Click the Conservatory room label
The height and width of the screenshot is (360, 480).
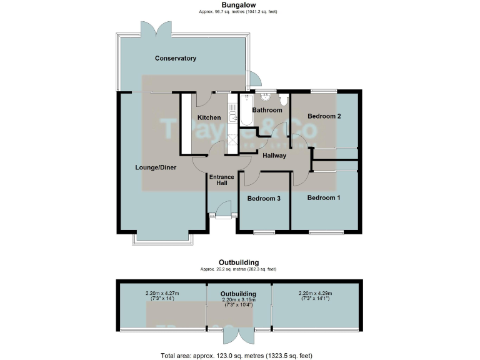tap(176, 58)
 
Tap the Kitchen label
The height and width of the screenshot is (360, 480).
tap(209, 117)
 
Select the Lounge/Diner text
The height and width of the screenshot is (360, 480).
tap(156, 167)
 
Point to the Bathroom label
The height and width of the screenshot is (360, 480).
tap(267, 110)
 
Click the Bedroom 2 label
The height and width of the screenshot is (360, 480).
tap(324, 116)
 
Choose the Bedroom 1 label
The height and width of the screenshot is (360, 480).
tap(324, 198)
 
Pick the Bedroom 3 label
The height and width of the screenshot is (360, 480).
tap(263, 199)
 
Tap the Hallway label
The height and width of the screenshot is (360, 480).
tap(274, 156)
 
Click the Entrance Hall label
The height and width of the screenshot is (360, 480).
tap(221, 180)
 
